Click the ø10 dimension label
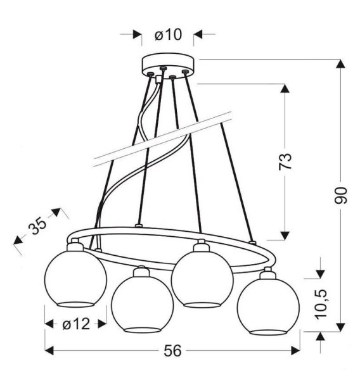(x=169, y=35)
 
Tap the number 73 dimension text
(x=285, y=161)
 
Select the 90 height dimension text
(x=341, y=196)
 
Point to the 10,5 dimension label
(x=321, y=304)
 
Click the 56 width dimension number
(x=172, y=351)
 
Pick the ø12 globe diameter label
(x=76, y=324)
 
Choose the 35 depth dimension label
(x=37, y=226)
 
